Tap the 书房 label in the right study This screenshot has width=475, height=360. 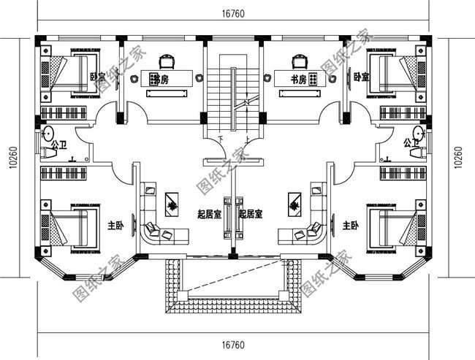point(297,80)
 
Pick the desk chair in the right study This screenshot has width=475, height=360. point(298,59)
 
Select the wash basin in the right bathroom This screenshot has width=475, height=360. point(419,133)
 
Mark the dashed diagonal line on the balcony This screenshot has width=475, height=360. point(232,281)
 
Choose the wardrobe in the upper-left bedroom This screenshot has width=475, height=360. point(63,113)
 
